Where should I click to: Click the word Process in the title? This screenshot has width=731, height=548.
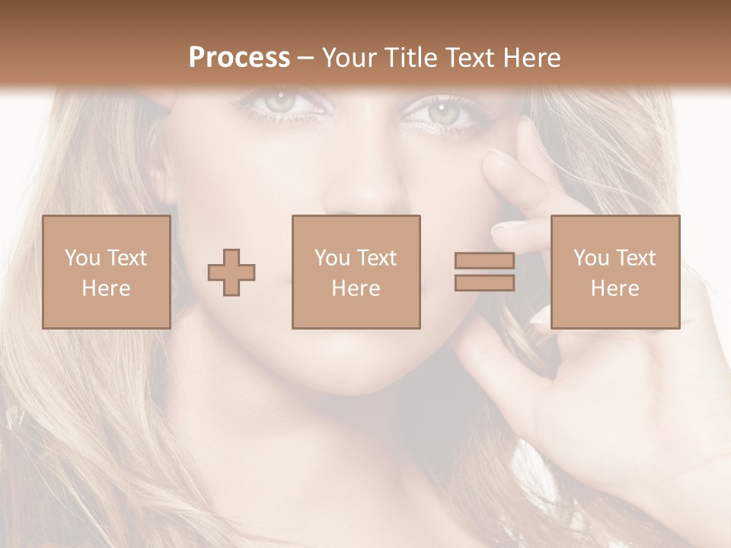pos(239,58)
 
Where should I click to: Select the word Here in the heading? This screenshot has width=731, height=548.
pos(530,58)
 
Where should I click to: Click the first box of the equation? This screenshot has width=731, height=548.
pos(107,272)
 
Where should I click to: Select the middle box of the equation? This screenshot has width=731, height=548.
pos(356,272)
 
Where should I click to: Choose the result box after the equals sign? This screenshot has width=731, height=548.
pos(614,272)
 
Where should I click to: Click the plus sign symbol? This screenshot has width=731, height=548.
pos(231,272)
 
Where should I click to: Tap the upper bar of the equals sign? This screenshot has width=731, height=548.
pos(484,260)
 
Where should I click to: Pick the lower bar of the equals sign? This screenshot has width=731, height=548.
pos(484,283)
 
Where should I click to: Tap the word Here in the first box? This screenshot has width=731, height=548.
pos(107,288)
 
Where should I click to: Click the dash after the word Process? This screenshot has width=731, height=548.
pos(306,58)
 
